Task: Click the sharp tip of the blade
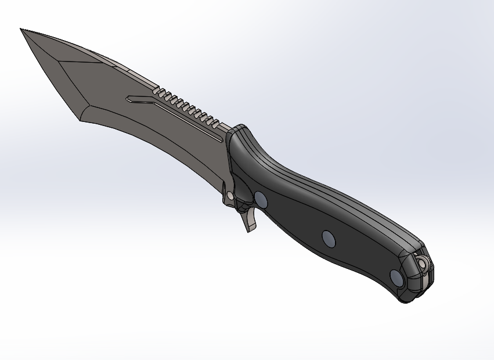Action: pos(21,29)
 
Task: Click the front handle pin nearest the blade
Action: pos(261,200)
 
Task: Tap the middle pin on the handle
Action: pos(329,237)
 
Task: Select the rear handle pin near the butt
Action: pos(398,278)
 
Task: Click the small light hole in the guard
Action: pos(230,197)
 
